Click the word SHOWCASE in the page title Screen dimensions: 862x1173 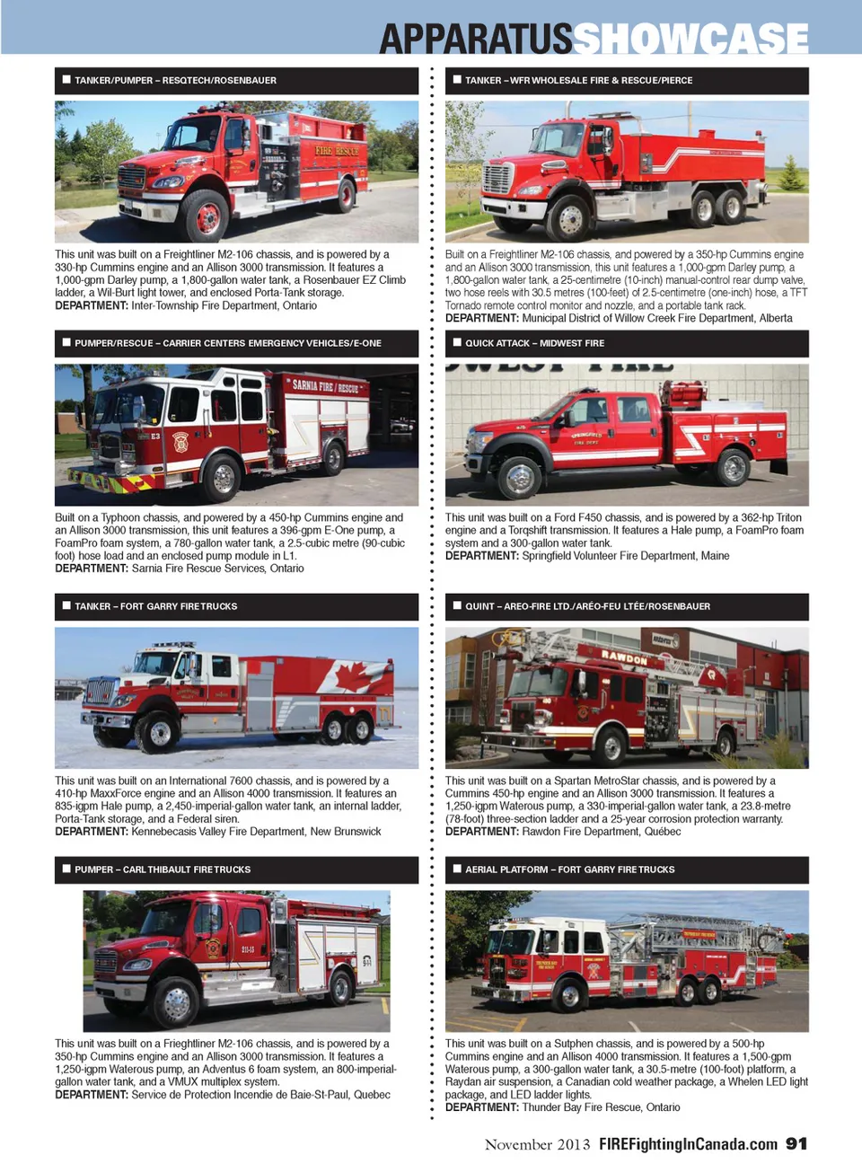pos(690,39)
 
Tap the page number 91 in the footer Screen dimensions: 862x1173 pos(796,1143)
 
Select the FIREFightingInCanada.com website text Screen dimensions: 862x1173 pos(688,1144)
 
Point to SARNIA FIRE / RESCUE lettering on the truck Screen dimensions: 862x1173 pos(325,387)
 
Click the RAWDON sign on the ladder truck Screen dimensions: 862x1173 pos(624,657)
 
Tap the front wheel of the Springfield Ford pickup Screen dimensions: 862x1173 pos(519,477)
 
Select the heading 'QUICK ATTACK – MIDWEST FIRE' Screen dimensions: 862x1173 pos(534,343)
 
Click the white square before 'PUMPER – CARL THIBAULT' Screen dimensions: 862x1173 pos(66,869)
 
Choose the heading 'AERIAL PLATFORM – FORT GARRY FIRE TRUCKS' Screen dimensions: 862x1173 pos(569,869)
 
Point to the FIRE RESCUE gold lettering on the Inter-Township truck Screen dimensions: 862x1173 pos(337,151)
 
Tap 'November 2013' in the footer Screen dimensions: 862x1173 pos(538,1144)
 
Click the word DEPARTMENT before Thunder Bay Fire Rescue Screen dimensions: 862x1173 pos(481,1107)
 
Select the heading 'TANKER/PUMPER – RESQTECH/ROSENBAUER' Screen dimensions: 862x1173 pos(175,81)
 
